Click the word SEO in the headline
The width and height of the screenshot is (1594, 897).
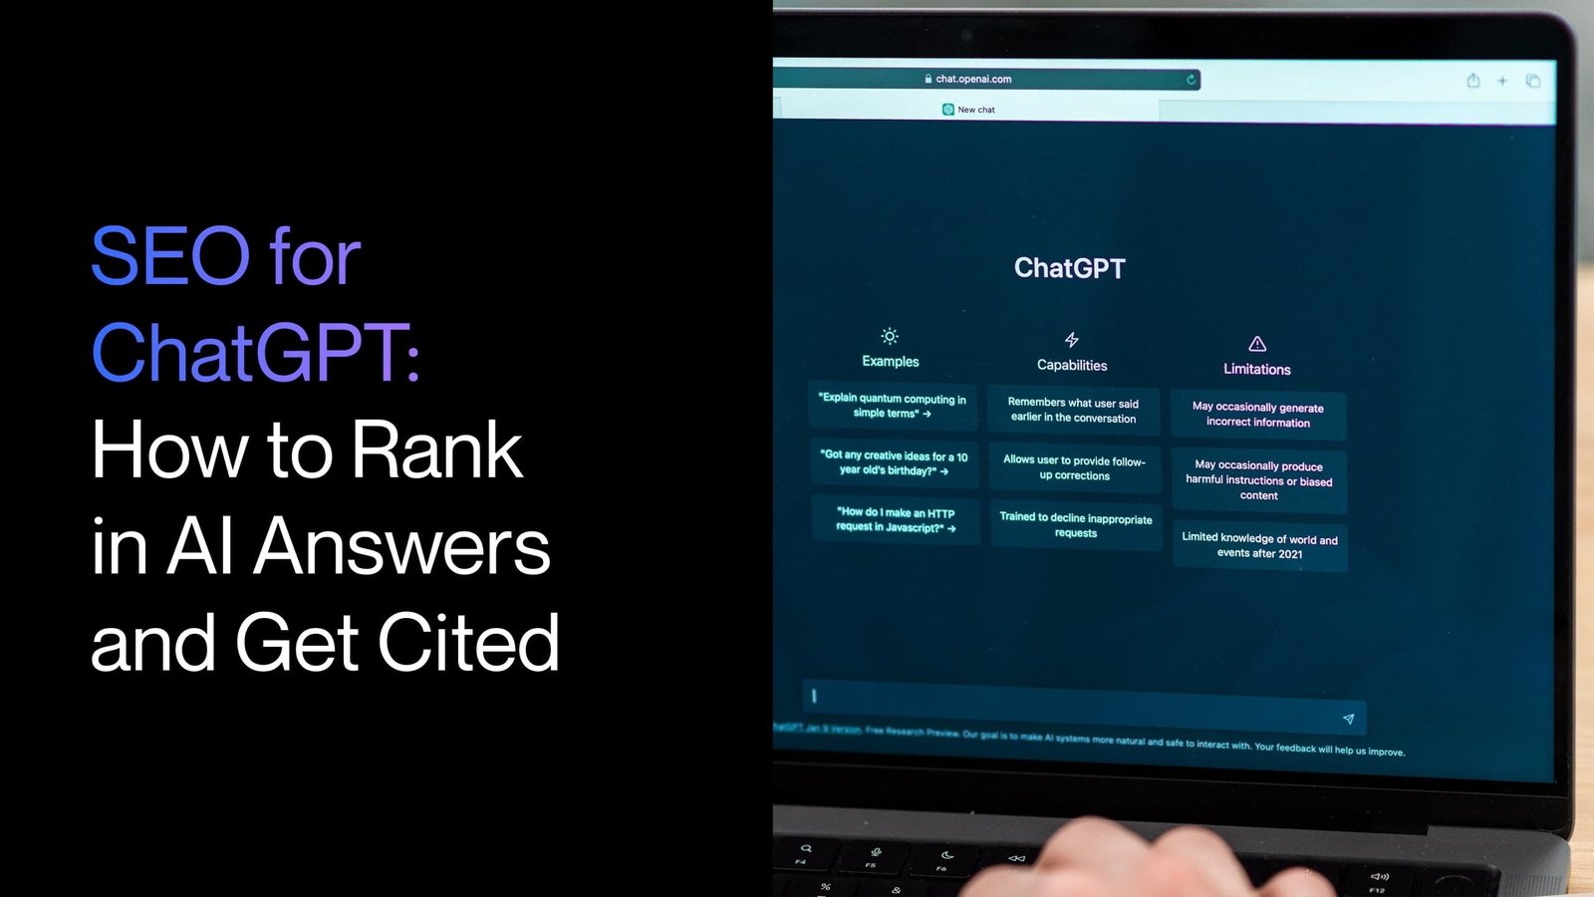click(x=170, y=257)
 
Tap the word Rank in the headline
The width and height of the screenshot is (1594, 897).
click(x=437, y=450)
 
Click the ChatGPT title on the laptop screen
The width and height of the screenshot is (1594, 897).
click(x=1069, y=268)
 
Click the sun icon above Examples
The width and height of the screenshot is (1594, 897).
click(x=890, y=336)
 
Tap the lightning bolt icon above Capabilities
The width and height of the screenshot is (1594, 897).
click(x=1071, y=340)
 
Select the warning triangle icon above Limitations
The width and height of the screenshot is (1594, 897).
click(x=1257, y=344)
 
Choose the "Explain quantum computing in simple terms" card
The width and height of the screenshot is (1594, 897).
click(x=892, y=406)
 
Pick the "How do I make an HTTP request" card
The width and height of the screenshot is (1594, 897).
click(x=895, y=520)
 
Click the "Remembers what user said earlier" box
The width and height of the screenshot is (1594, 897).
click(x=1073, y=411)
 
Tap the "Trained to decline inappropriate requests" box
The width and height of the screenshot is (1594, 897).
click(x=1076, y=525)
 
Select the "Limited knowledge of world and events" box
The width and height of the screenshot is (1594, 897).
click(x=1259, y=545)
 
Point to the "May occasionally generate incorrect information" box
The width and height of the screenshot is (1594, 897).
click(x=1258, y=415)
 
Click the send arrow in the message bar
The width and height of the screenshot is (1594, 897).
click(x=1348, y=719)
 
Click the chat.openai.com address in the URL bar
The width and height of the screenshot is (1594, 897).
click(x=972, y=79)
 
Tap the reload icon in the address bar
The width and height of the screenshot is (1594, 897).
click(x=1191, y=80)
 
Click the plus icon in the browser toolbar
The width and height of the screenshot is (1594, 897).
click(x=1502, y=81)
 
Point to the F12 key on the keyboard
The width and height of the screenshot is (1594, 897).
click(x=1378, y=884)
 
